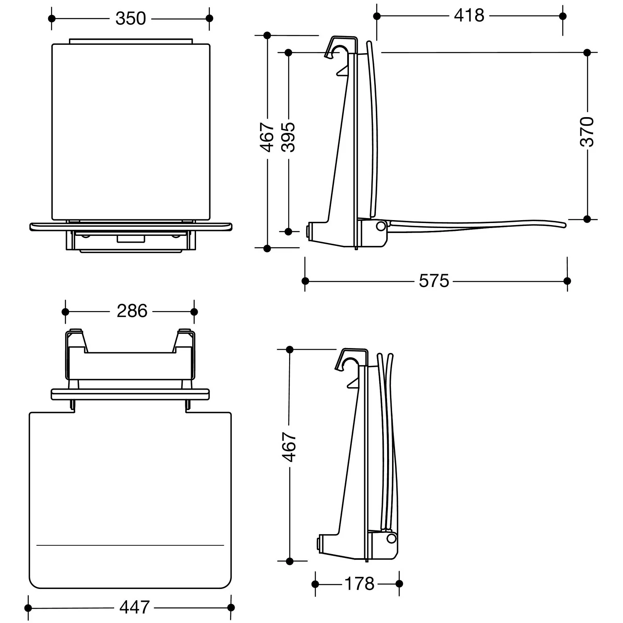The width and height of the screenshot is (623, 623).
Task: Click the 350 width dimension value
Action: tap(130, 19)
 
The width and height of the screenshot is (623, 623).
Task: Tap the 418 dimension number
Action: tap(469, 16)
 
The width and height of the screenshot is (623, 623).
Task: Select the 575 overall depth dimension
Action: tap(434, 281)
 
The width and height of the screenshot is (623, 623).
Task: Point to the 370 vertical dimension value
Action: tap(587, 132)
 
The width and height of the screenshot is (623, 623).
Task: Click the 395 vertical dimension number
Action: tap(288, 137)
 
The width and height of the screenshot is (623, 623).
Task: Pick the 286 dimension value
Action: tap(132, 311)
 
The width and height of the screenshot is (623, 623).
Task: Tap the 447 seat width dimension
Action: tap(135, 608)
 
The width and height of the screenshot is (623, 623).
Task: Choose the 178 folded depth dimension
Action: tap(360, 584)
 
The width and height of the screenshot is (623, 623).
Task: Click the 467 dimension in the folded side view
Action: tap(289, 447)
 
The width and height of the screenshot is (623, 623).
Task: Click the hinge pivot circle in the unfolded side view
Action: tap(380, 226)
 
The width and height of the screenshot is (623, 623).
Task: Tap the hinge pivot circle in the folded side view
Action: tap(390, 538)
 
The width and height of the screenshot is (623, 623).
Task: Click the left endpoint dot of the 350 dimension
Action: tap(52, 18)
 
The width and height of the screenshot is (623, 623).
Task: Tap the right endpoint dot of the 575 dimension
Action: tap(567, 281)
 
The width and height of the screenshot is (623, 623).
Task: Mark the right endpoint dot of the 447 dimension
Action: tap(231, 608)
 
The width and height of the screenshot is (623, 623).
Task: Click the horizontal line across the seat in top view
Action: tap(130, 545)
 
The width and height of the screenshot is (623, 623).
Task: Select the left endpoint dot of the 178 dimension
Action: tap(315, 584)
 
